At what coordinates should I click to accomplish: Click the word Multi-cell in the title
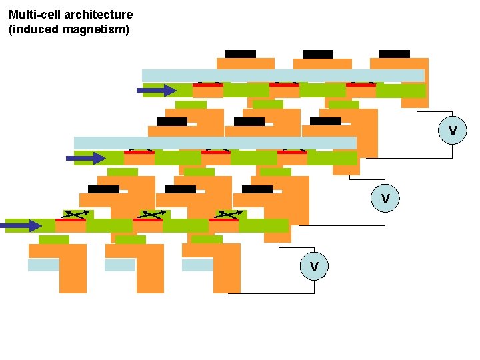tap(33, 15)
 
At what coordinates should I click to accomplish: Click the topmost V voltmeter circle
tap(453, 130)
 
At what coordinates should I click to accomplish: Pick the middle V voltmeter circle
tap(385, 198)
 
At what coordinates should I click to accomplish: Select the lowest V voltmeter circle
tap(314, 266)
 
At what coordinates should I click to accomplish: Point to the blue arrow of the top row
tap(161, 91)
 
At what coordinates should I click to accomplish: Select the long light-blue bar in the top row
tap(283, 75)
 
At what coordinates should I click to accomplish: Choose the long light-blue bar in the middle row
tap(215, 143)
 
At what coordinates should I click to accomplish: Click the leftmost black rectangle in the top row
tap(240, 53)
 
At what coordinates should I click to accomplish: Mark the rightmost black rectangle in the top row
tap(394, 53)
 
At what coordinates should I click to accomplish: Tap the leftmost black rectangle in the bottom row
tap(103, 189)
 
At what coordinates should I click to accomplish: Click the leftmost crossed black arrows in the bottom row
tap(75, 215)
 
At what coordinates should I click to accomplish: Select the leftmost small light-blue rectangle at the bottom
tap(43, 265)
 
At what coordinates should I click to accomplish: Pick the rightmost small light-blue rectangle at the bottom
tap(197, 265)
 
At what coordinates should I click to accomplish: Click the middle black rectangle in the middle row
tap(249, 121)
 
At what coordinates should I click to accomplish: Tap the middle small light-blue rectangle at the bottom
tap(120, 265)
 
